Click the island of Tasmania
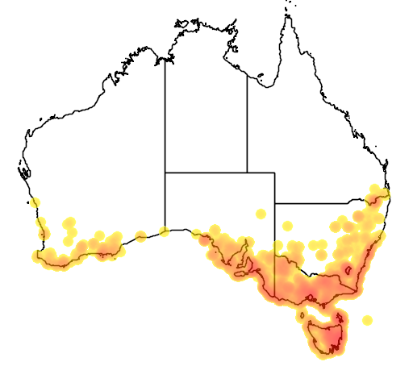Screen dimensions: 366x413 pos(323,335)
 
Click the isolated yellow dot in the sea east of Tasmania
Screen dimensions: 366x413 pos(368,320)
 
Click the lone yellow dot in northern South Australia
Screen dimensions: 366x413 pos(261,214)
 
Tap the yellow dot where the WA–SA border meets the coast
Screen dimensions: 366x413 pos(165,232)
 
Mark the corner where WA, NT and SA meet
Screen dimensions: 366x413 pos(165,173)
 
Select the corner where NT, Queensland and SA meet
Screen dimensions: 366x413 pos(247,173)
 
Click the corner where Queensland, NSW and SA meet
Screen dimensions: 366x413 pos(275,203)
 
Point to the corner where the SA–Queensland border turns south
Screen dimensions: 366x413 pos(275,173)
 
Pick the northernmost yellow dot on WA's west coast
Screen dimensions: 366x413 pos(35,202)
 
